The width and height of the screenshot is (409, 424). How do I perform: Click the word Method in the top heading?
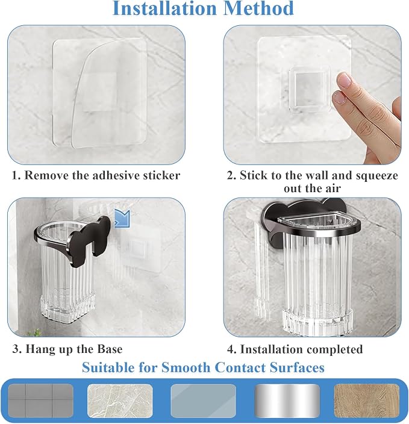point(259,8)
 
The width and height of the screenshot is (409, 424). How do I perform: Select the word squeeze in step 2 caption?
point(377,176)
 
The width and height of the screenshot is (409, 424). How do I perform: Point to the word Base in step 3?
point(110,349)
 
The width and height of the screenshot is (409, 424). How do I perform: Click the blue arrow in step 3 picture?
point(122,218)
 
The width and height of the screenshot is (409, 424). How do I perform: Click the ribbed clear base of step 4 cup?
point(317,321)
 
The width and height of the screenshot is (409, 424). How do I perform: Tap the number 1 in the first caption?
point(16,175)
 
